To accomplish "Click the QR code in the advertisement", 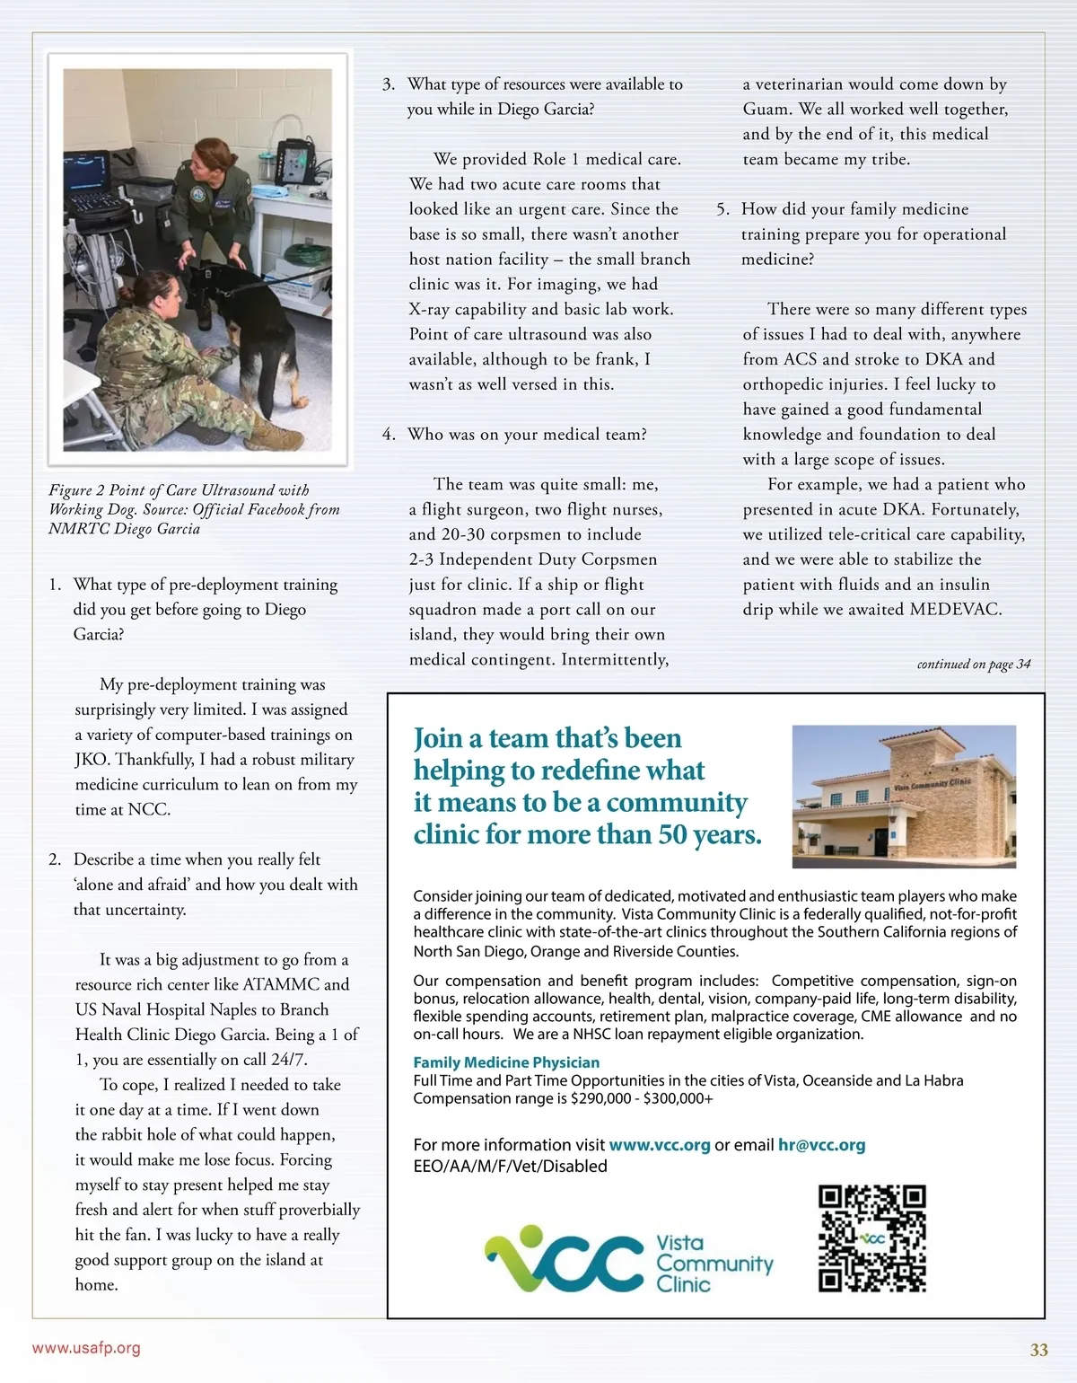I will pyautogui.click(x=871, y=1238).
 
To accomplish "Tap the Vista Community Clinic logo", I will pyautogui.click(x=628, y=1262).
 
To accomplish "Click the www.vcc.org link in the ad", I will pyautogui.click(x=660, y=1145).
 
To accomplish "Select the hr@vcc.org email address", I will pyautogui.click(x=821, y=1145).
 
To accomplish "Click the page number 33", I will pyautogui.click(x=1038, y=1350).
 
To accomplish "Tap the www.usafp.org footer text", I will pyautogui.click(x=86, y=1348).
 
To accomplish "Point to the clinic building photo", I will pyautogui.click(x=904, y=796).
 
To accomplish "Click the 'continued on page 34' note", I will pyautogui.click(x=973, y=665).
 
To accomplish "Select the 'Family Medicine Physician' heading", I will pyautogui.click(x=506, y=1062).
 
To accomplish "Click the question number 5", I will pyautogui.click(x=722, y=209).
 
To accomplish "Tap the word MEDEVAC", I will pyautogui.click(x=956, y=609).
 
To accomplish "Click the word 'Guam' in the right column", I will pyautogui.click(x=766, y=110).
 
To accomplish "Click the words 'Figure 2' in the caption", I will pyautogui.click(x=76, y=490).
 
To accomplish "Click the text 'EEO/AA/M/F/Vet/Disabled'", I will pyautogui.click(x=510, y=1167).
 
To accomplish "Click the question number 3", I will pyautogui.click(x=388, y=84).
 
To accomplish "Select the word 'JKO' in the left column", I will pyautogui.click(x=91, y=760).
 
